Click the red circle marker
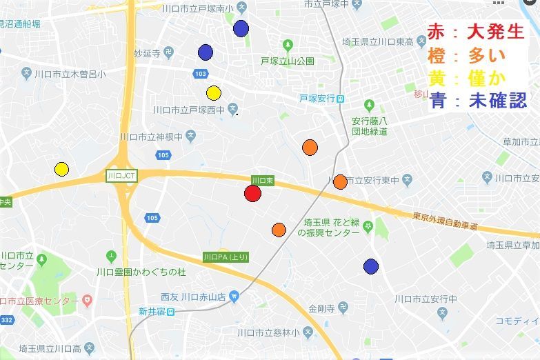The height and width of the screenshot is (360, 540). point(252,193)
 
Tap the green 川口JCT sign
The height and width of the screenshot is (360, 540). point(121,176)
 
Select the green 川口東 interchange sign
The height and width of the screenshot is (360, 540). point(262,180)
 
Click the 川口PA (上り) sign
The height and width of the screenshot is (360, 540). point(226,257)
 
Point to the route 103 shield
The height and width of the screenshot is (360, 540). point(201,74)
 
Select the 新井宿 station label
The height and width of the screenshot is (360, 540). point(157,312)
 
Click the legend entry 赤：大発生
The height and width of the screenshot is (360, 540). point(476,32)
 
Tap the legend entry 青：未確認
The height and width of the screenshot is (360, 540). point(477,101)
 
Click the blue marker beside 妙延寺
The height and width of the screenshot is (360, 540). point(205,52)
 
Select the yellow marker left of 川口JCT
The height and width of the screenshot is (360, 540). point(61,169)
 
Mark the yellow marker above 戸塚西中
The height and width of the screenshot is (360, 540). point(213,93)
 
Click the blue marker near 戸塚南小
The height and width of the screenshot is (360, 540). point(241,28)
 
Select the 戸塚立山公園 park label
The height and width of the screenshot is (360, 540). point(288,61)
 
